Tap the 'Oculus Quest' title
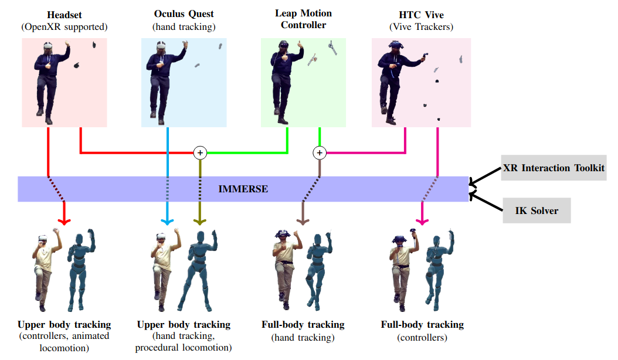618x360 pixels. pyautogui.click(x=184, y=13)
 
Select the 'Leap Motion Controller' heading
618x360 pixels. pyautogui.click(x=303, y=19)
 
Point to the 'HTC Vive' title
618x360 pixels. pyautogui.click(x=421, y=13)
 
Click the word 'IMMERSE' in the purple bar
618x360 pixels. pyautogui.click(x=243, y=189)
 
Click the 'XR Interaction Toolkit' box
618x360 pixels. pyautogui.click(x=554, y=168)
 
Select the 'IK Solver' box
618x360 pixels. pyautogui.click(x=536, y=210)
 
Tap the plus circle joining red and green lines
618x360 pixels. pyautogui.click(x=200, y=153)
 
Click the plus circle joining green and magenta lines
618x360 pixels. pyautogui.click(x=319, y=153)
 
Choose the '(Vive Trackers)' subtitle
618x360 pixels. pyautogui.click(x=421, y=26)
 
